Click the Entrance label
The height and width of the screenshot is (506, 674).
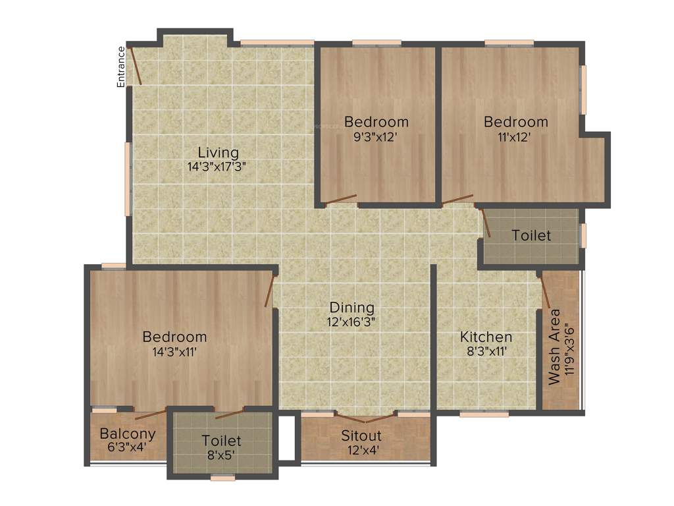[121, 67]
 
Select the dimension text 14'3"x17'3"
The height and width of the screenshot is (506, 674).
[217, 167]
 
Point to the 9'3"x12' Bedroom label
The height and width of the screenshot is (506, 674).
[376, 122]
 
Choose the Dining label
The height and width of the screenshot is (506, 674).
[352, 307]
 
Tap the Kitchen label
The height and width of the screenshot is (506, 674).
[486, 337]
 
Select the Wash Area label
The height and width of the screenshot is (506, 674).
[555, 347]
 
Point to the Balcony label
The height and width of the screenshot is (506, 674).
[128, 434]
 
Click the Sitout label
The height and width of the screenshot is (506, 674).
[361, 436]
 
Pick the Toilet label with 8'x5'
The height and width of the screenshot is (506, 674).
[222, 440]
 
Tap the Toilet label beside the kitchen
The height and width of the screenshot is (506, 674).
[531, 235]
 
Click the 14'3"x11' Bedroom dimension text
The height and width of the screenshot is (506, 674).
[174, 351]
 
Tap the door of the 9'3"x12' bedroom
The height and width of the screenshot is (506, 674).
[341, 199]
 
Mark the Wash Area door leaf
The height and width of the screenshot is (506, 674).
[546, 292]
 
